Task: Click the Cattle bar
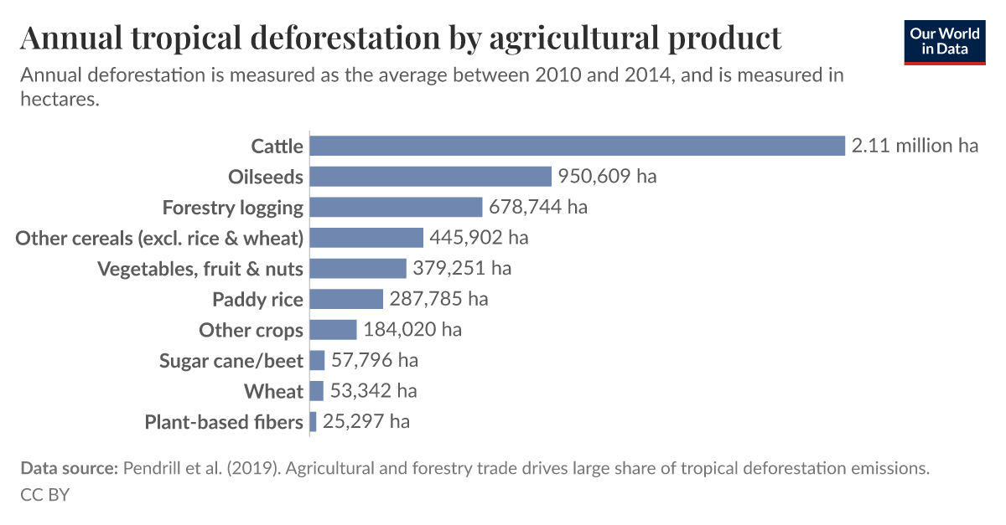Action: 577,146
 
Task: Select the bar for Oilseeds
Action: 430,177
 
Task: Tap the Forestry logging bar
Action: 396,207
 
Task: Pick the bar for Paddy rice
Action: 346,299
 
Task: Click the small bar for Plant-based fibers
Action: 313,421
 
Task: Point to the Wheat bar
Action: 316,391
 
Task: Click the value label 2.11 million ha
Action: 915,146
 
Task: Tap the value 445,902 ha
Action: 479,238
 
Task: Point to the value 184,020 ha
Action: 412,330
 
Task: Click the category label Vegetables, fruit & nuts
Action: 200,269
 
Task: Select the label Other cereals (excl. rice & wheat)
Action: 159,238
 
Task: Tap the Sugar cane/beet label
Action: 231,361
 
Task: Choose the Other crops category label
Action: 251,330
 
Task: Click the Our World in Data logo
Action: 946,40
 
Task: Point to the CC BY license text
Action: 44,495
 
